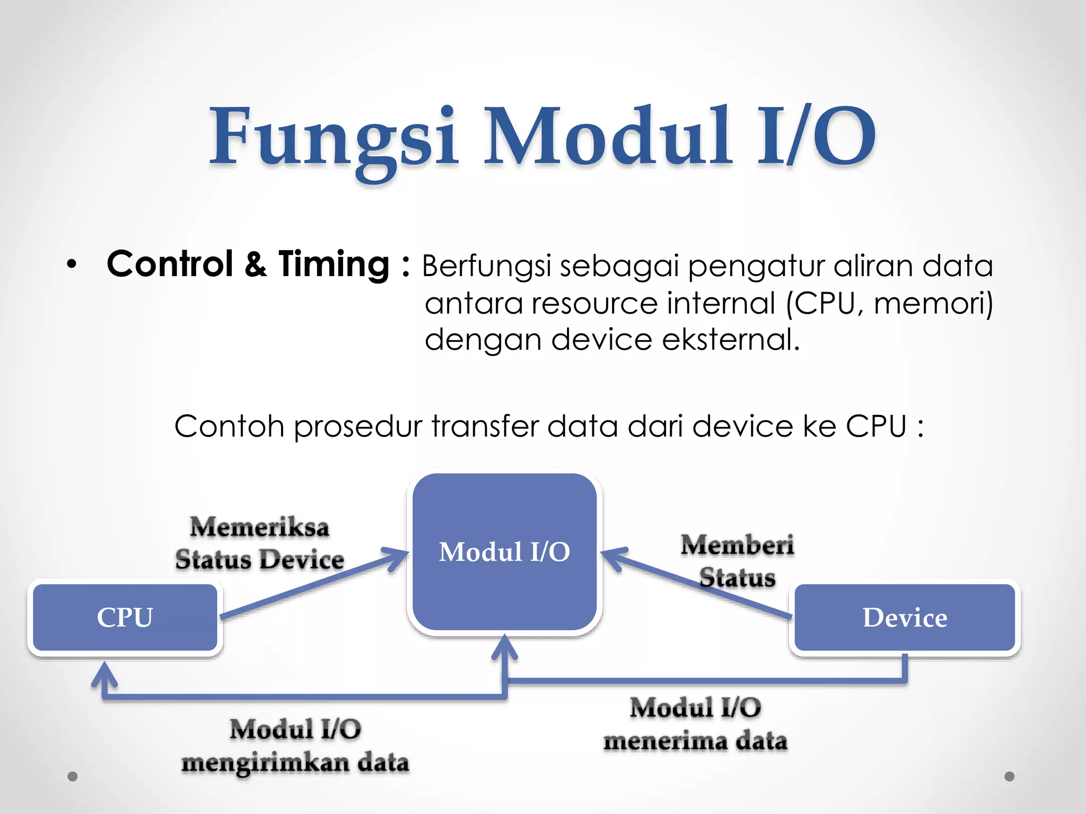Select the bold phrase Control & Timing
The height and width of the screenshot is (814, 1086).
(x=248, y=264)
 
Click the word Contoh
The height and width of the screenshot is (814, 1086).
(x=229, y=426)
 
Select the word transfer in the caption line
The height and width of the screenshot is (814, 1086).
(x=485, y=426)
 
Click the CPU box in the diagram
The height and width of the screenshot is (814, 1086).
(x=125, y=617)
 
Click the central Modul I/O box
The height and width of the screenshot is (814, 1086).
(x=504, y=552)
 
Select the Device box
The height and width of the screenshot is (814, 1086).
(x=905, y=617)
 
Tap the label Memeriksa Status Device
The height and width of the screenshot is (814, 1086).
(x=260, y=544)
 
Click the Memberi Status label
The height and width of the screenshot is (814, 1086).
(x=737, y=561)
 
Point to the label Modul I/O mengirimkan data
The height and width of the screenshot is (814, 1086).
(x=295, y=746)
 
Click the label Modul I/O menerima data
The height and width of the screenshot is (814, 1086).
(x=695, y=724)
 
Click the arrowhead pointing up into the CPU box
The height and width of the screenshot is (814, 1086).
(x=104, y=673)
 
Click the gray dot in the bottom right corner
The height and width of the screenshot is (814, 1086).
(x=1010, y=776)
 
